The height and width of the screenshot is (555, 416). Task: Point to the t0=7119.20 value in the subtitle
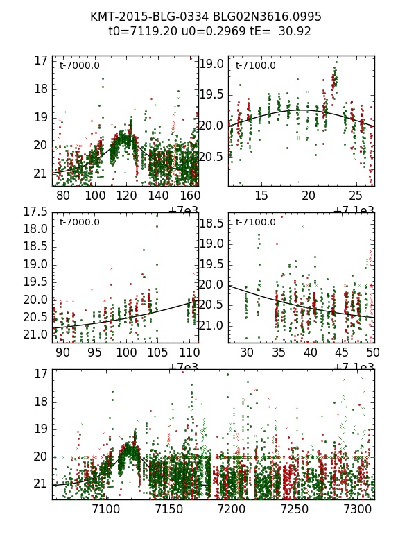[x=141, y=31]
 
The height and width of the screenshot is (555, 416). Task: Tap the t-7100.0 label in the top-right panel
[x=256, y=66]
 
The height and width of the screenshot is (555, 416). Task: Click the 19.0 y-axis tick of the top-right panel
[x=212, y=64]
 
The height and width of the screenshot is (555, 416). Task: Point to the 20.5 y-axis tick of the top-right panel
[x=212, y=157]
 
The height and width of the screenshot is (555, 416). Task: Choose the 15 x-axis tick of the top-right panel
[x=261, y=196]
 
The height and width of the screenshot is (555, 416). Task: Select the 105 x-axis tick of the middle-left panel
[x=158, y=352]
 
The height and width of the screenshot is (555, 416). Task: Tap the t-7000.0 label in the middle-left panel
[x=80, y=222]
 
